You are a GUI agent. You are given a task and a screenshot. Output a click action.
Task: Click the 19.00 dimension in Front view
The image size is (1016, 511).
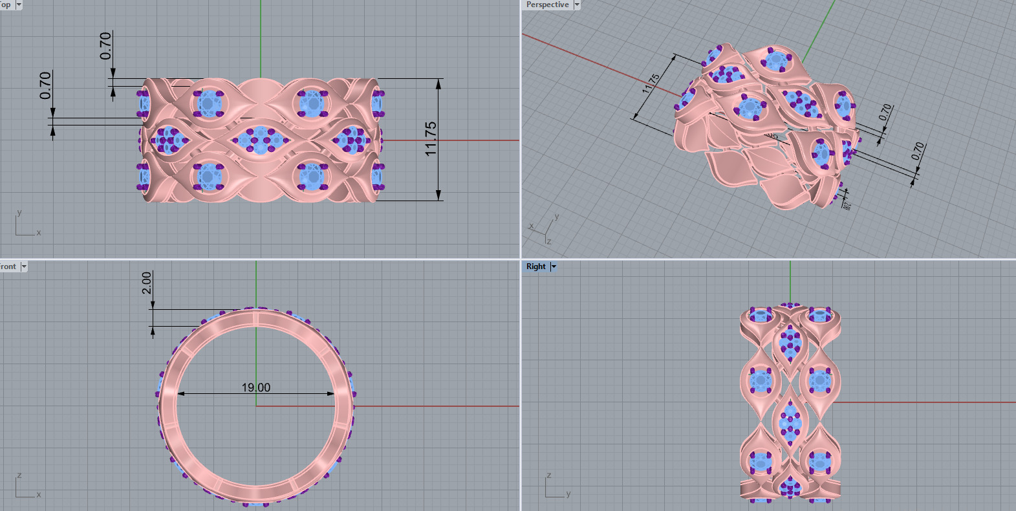pyautogui.click(x=256, y=387)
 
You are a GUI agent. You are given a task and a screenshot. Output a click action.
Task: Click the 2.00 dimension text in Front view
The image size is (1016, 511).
pyautogui.click(x=147, y=283)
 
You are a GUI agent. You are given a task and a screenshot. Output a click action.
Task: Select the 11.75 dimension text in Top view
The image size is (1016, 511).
pyautogui.click(x=431, y=138)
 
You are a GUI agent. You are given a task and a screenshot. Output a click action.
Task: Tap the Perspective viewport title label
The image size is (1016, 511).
pyautogui.click(x=547, y=5)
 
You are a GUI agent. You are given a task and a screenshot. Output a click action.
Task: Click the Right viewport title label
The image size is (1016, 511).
pyautogui.click(x=535, y=266)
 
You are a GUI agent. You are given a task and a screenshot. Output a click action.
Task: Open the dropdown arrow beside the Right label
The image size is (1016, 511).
pyautogui.click(x=554, y=266)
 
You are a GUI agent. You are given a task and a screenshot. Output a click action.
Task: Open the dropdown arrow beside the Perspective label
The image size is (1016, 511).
pyautogui.click(x=577, y=5)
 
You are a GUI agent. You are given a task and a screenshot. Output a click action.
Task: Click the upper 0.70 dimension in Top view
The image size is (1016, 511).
pyautogui.click(x=105, y=46)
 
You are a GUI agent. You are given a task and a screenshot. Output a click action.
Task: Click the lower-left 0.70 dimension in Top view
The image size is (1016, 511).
pyautogui.click(x=45, y=85)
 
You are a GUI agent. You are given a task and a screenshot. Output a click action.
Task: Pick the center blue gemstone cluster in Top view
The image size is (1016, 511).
pyautogui.click(x=259, y=140)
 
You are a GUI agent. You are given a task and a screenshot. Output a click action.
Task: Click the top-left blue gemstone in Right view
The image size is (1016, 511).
pyautogui.click(x=761, y=316)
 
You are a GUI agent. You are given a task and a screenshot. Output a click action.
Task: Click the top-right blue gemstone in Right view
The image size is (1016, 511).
pyautogui.click(x=819, y=316)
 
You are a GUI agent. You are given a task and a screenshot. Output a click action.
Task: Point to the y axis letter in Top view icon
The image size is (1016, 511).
pyautogui.click(x=19, y=212)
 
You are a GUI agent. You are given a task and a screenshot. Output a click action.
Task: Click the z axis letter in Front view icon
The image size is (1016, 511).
pyautogui.click(x=19, y=475)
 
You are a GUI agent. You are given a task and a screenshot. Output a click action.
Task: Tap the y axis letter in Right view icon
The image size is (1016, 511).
pyautogui.click(x=568, y=494)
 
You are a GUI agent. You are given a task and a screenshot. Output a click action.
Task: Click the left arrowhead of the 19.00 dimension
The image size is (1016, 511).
pyautogui.click(x=180, y=393)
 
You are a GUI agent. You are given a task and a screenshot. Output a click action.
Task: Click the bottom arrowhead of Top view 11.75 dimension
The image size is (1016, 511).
pyautogui.click(x=438, y=195)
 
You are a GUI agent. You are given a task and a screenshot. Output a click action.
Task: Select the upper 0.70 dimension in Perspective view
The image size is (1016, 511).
pyautogui.click(x=885, y=112)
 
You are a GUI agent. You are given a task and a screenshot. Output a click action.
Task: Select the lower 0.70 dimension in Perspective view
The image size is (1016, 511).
pyautogui.click(x=918, y=151)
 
